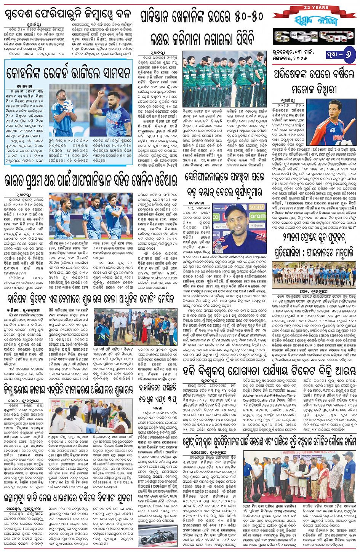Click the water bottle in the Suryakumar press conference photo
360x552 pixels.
(x=218, y=247)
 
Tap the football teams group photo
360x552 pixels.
(x=314, y=273)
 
